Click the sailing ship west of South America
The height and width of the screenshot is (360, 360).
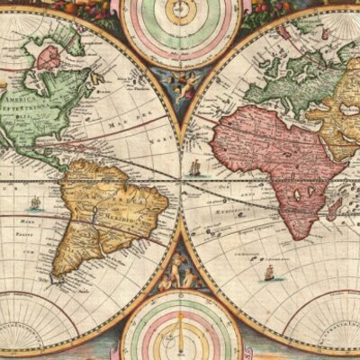[x=35, y=202]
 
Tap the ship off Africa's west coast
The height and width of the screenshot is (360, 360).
[x=196, y=168]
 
